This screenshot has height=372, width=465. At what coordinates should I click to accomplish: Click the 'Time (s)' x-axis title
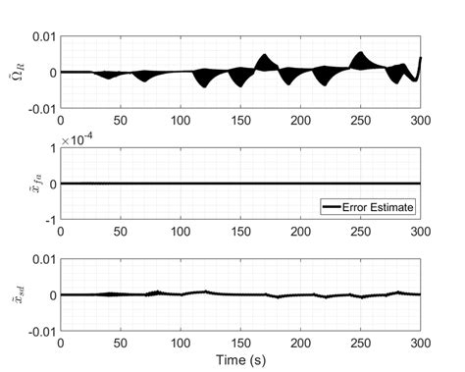[x=242, y=359]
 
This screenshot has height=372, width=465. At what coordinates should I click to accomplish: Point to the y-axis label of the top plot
[x=22, y=72]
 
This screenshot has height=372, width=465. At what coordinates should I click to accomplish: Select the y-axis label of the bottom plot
[x=23, y=294]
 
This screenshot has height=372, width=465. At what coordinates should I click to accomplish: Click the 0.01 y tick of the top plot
[x=42, y=36]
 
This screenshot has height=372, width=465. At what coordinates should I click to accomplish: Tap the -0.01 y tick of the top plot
[x=40, y=109]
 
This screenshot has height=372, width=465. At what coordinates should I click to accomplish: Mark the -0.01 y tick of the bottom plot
[x=40, y=332]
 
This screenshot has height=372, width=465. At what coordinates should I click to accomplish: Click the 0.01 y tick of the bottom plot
[x=42, y=259]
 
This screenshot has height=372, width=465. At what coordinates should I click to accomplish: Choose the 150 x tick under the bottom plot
[x=241, y=344]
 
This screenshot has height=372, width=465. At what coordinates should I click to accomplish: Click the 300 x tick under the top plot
[x=421, y=121]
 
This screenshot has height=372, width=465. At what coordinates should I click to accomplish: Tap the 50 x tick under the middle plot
[x=121, y=232]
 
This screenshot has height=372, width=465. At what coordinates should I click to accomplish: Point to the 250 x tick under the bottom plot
[x=361, y=344]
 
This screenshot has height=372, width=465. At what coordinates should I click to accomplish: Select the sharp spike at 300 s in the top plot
[x=421, y=59]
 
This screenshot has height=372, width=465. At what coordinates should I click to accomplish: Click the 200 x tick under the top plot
[x=301, y=121]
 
